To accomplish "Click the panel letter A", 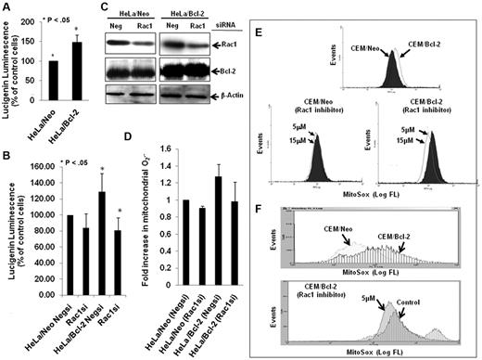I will point(7,8).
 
